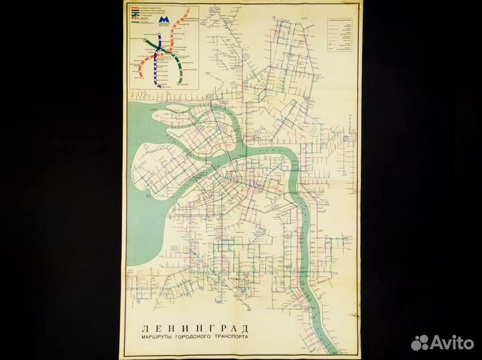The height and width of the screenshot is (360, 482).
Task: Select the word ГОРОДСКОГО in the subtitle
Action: (x=191, y=337)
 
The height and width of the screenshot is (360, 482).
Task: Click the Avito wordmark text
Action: (x=451, y=343)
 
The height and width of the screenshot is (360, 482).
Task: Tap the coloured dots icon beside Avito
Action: (x=420, y=342)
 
